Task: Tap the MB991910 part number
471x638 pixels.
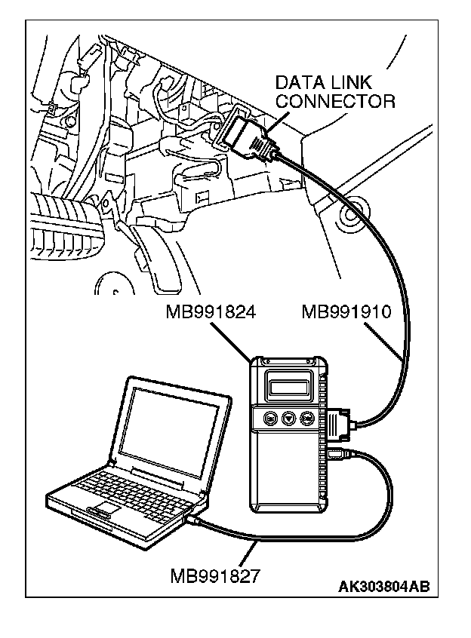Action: pos(345,311)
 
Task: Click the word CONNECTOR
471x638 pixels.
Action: pos(335,100)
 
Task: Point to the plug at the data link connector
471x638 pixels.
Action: pos(247,139)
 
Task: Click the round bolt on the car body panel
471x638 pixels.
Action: pos(349,219)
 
